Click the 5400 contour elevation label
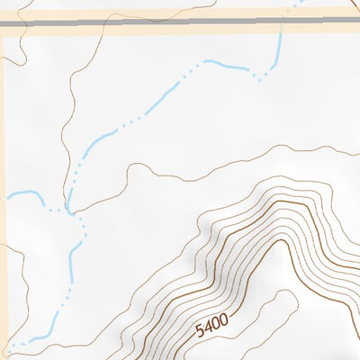211,325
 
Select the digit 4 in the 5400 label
207,328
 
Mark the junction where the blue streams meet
67,209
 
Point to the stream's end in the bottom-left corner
7,346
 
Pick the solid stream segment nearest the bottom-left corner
36,338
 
